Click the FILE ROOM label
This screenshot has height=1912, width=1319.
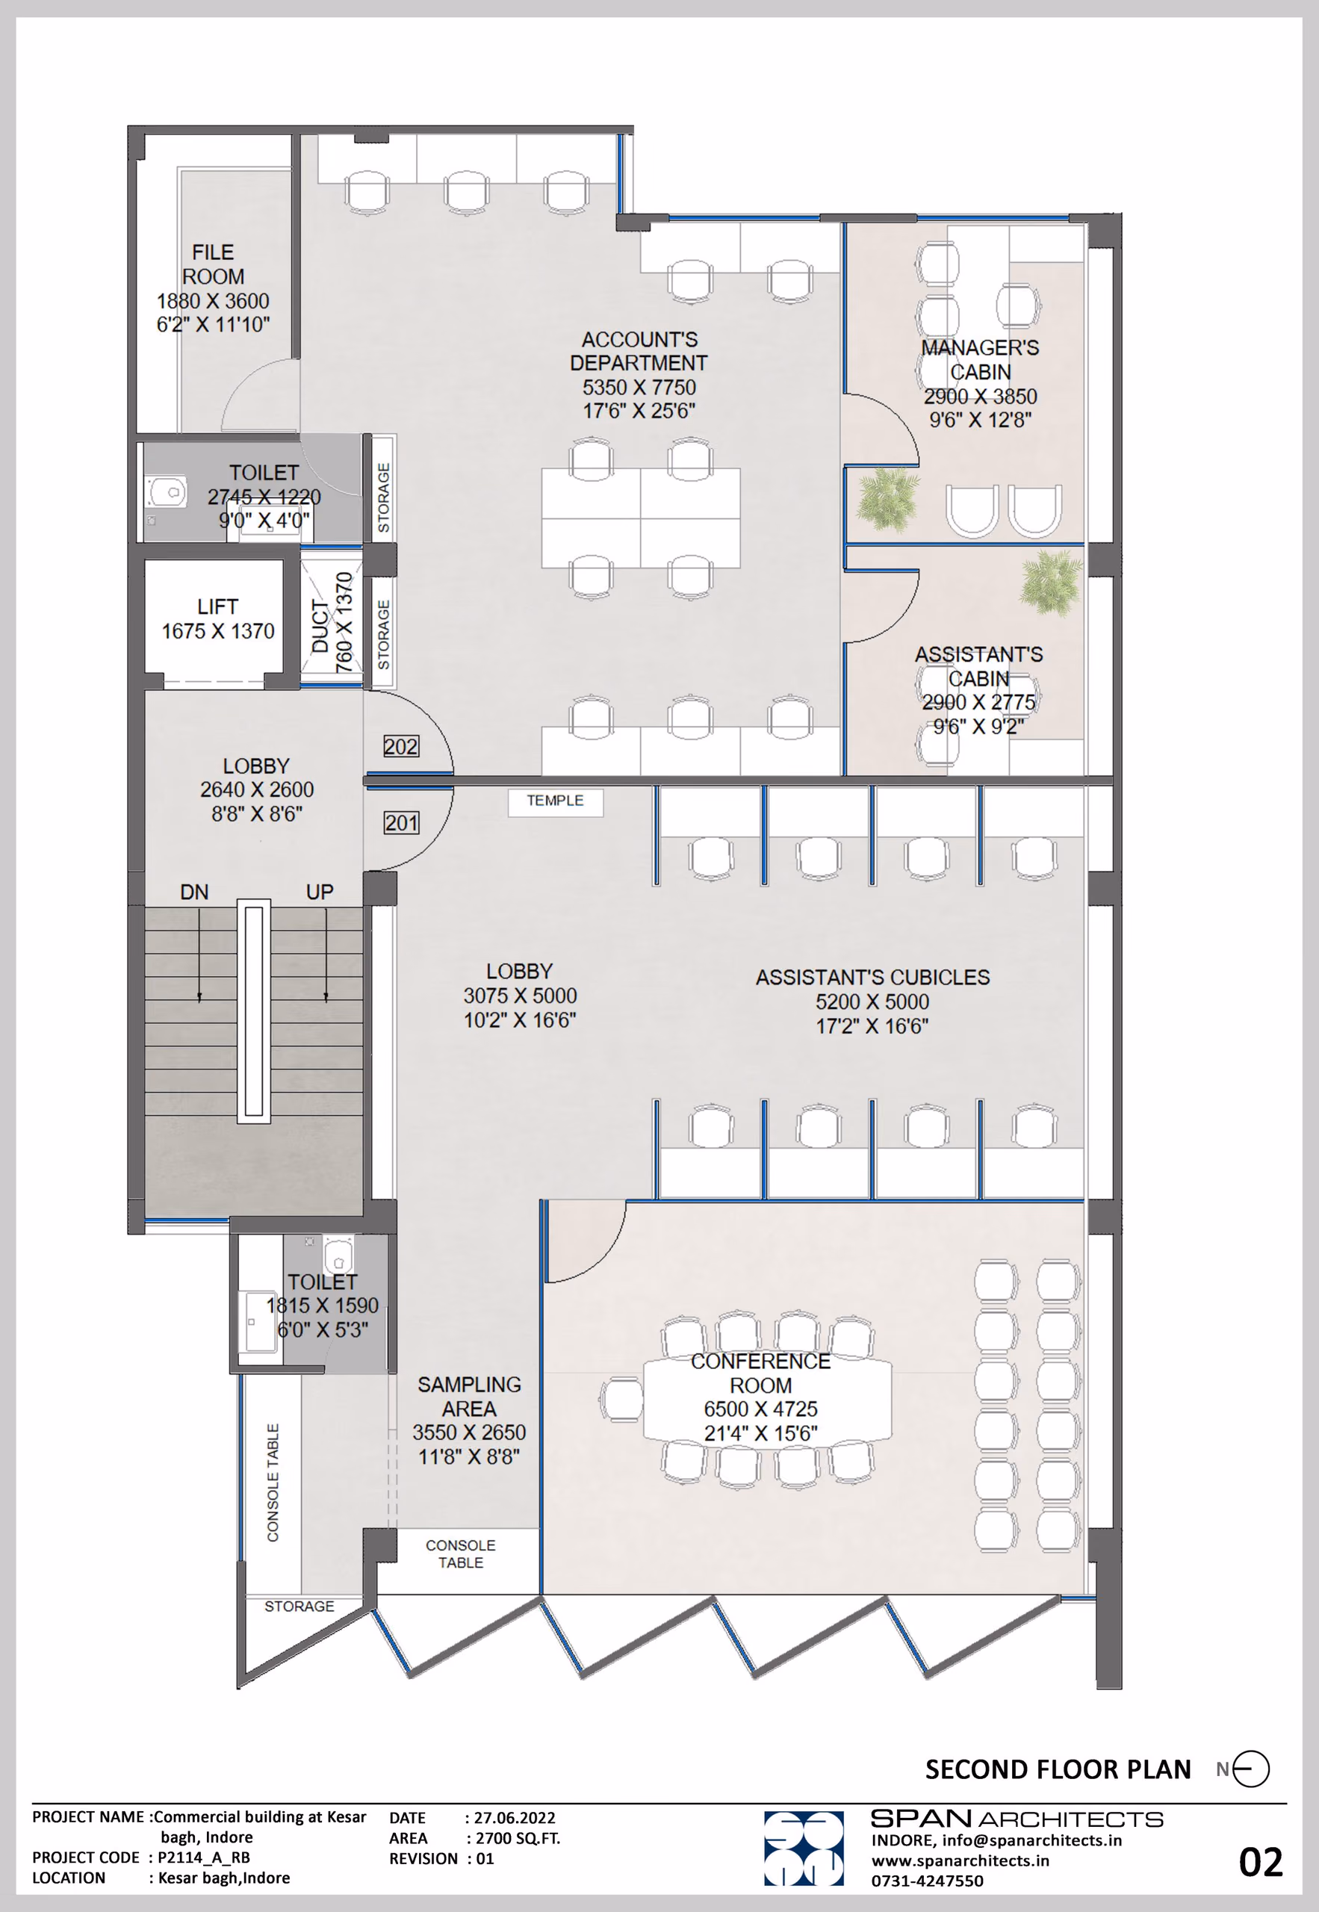click(x=213, y=264)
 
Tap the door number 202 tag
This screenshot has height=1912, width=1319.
click(x=401, y=747)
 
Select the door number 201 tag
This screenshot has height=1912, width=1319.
click(x=401, y=823)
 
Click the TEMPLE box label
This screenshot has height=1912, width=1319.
click(x=556, y=801)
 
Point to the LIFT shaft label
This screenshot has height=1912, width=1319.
click(x=217, y=606)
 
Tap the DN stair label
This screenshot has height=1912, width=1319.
click(x=194, y=893)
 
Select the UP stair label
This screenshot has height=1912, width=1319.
click(x=320, y=893)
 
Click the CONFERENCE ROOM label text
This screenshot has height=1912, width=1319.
click(x=760, y=1374)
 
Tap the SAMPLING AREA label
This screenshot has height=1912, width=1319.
click(x=468, y=1397)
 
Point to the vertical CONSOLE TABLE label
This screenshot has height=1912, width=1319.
click(x=273, y=1483)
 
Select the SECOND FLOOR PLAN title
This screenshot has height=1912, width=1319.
click(x=1058, y=1769)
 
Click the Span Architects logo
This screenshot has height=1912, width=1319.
click(x=804, y=1849)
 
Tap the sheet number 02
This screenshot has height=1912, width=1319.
click(x=1260, y=1863)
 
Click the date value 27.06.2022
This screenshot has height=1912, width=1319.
click(x=515, y=1818)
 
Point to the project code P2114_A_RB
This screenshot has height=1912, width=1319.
click(x=204, y=1857)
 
